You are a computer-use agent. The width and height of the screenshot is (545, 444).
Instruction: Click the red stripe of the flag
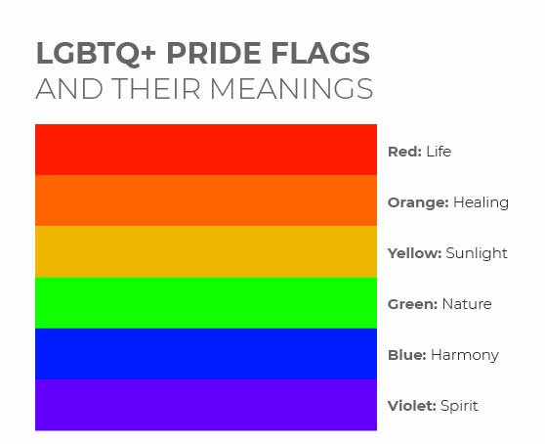click(206, 150)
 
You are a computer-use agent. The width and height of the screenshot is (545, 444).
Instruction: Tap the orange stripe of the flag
click(206, 200)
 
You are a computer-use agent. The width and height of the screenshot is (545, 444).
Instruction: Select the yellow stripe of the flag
click(206, 251)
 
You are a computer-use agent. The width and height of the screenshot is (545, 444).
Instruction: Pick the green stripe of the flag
click(206, 303)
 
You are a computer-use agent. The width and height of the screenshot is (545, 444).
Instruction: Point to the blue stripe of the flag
click(206, 354)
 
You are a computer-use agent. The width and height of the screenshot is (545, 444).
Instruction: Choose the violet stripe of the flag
click(206, 405)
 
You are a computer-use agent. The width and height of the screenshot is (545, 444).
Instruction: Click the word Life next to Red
click(439, 152)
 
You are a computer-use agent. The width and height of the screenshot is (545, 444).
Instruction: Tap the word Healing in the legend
click(482, 202)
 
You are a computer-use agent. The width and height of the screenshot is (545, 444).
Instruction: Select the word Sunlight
click(477, 253)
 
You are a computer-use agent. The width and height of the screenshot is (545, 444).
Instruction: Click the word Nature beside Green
click(467, 304)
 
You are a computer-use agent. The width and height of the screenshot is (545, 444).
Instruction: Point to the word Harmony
click(465, 356)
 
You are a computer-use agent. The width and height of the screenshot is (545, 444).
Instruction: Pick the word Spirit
click(459, 407)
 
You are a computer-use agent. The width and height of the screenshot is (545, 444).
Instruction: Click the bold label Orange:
click(418, 202)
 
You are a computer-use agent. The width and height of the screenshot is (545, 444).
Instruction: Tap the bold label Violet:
click(412, 406)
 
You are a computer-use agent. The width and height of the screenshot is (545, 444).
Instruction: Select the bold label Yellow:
click(415, 253)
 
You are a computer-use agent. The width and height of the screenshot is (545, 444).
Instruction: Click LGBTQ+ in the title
click(96, 54)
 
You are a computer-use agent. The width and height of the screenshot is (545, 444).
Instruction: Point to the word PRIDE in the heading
click(214, 53)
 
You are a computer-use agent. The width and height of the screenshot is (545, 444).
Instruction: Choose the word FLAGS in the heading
click(320, 53)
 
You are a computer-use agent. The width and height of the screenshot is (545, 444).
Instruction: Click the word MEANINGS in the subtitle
click(292, 89)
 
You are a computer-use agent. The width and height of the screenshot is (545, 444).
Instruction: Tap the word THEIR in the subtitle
click(156, 89)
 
